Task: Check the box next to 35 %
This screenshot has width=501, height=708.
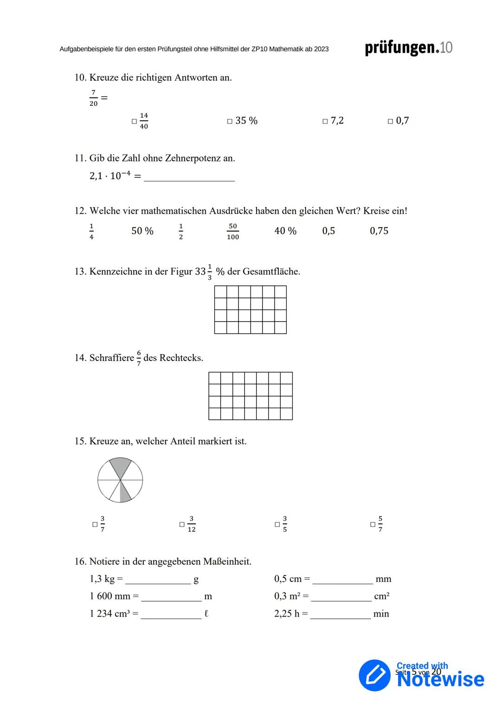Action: (x=230, y=122)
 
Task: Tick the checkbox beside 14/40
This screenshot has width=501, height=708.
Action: (x=134, y=122)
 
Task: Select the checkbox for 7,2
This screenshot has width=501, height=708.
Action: (x=325, y=122)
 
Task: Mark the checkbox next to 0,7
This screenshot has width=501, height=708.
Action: (x=390, y=122)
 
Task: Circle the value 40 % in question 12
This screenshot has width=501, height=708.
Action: (x=285, y=231)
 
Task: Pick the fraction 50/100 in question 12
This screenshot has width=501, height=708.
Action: (x=233, y=232)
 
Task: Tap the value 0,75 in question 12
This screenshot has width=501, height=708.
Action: (x=379, y=231)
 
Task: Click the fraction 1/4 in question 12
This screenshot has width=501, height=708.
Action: (x=91, y=232)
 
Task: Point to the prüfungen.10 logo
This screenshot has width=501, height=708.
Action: (x=408, y=48)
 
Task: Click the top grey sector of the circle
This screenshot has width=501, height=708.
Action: (x=120, y=467)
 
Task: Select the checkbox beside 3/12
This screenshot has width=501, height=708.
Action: (x=182, y=525)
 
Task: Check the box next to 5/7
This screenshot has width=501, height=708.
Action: (x=373, y=525)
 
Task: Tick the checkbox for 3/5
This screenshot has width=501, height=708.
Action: (x=277, y=525)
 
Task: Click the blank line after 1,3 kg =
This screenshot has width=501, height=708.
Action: (x=158, y=580)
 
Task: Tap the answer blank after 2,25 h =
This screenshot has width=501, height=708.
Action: (x=340, y=615)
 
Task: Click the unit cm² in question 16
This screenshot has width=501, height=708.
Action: (x=382, y=597)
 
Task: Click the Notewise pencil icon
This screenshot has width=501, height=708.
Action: (x=375, y=675)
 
